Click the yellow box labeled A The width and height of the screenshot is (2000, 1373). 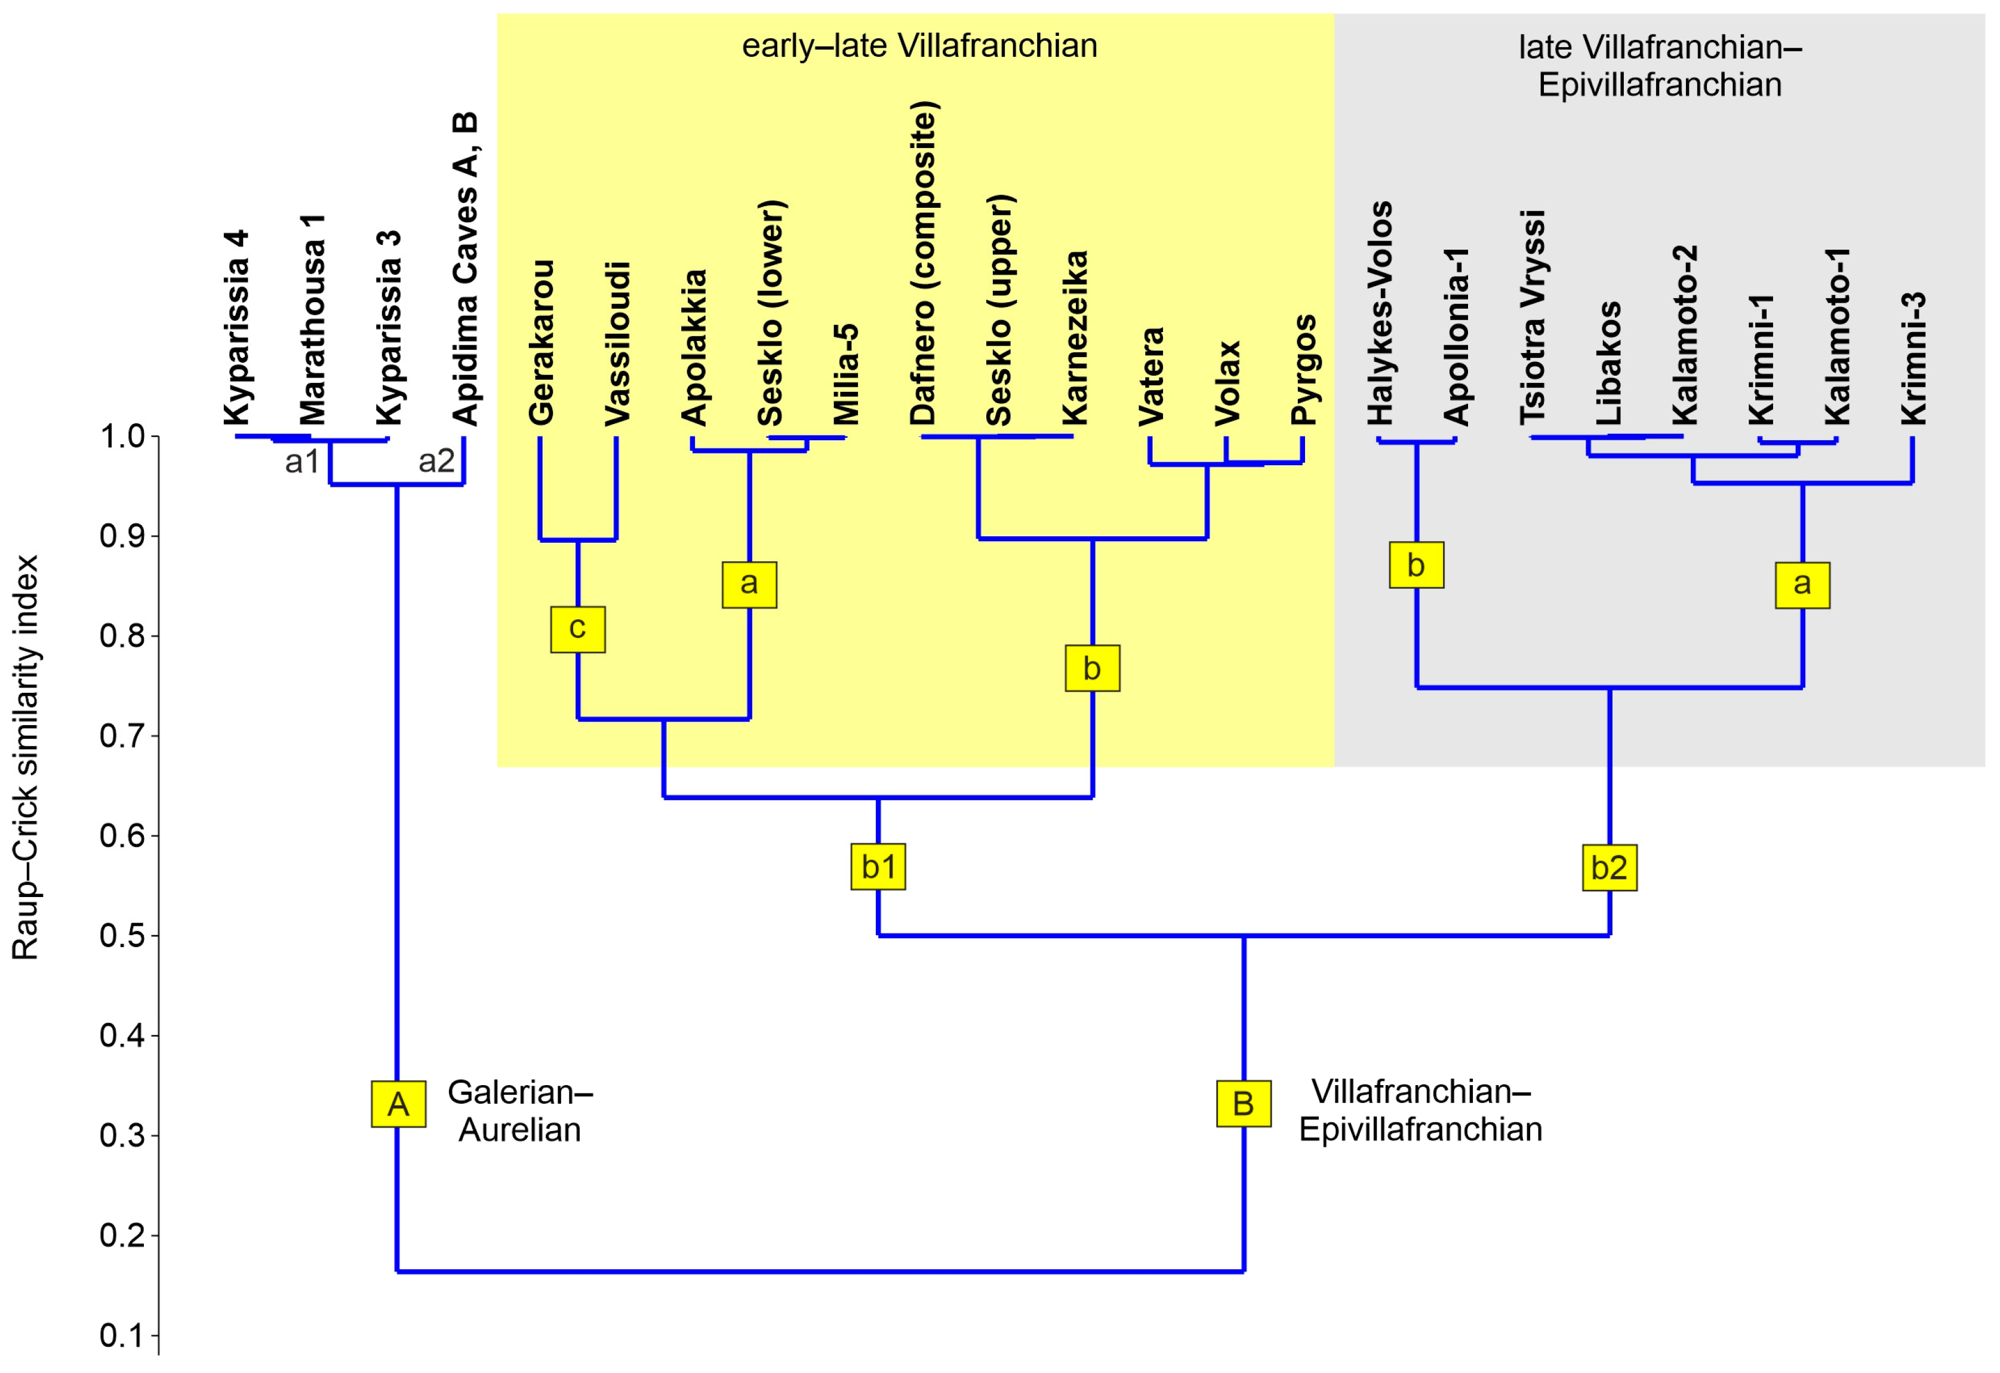click(x=398, y=1104)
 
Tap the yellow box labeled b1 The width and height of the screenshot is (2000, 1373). click(x=878, y=867)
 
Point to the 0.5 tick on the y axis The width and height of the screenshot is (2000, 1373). click(x=155, y=936)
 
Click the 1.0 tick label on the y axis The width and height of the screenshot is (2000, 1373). click(x=122, y=437)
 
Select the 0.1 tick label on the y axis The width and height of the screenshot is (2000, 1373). click(x=122, y=1335)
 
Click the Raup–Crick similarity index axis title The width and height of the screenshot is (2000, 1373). click(x=25, y=757)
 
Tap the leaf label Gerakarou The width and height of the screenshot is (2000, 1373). click(x=540, y=343)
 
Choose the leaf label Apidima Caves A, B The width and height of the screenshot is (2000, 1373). click(x=464, y=269)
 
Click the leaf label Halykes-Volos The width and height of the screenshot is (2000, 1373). click(x=1380, y=314)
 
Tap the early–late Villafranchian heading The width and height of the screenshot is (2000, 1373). click(x=919, y=45)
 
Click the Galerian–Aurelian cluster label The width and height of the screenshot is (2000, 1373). click(x=520, y=1110)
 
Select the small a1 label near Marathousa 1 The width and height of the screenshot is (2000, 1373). click(x=302, y=462)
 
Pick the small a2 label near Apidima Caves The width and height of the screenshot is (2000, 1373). click(x=436, y=462)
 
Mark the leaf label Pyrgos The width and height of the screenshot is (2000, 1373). click(x=1303, y=370)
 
